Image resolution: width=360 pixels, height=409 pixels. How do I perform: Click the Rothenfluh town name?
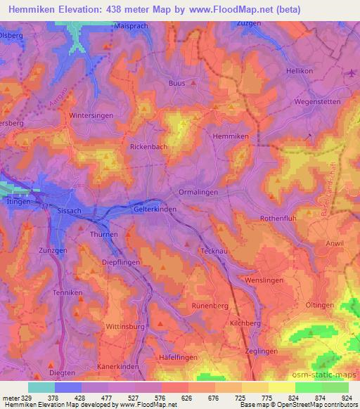coord(279,219)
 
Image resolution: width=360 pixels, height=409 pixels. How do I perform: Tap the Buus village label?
coord(176,82)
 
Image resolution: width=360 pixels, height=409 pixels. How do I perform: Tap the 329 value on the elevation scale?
coord(28,396)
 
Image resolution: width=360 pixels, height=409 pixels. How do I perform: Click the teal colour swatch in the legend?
coord(41,387)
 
